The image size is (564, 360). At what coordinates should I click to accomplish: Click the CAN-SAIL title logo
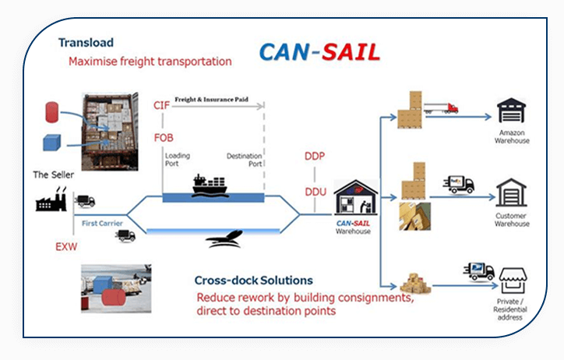click(x=319, y=52)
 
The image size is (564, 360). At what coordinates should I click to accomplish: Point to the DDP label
click(x=315, y=156)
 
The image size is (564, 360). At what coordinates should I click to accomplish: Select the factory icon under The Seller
click(x=52, y=199)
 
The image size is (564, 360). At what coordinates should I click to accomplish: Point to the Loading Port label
click(x=177, y=160)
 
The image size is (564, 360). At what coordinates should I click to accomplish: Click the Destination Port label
click(x=244, y=160)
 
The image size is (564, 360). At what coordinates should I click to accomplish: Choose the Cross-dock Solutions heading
click(x=254, y=280)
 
